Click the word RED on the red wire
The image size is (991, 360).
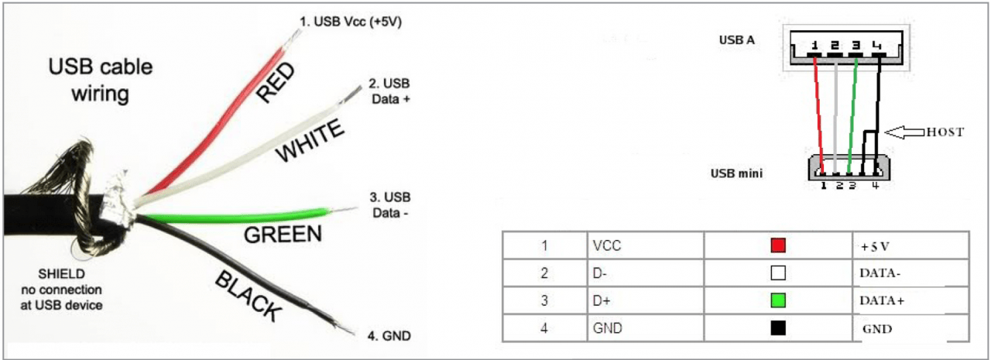[275, 82]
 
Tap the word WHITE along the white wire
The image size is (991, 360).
[310, 141]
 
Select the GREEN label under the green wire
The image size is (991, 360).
[283, 235]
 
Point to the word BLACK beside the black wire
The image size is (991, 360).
[249, 296]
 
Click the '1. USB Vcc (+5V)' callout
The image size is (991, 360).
[351, 21]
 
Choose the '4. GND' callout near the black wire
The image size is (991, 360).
[389, 336]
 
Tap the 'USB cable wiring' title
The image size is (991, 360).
[101, 80]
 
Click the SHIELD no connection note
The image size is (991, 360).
[61, 290]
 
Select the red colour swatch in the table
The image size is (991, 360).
[778, 245]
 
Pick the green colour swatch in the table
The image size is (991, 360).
[778, 300]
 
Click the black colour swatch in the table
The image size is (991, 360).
[778, 327]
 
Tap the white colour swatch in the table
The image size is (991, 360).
[778, 273]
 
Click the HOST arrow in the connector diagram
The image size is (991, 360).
[904, 132]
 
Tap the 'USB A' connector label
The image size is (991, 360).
[736, 39]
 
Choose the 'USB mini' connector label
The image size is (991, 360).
[736, 173]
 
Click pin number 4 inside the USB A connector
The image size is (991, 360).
[876, 45]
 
